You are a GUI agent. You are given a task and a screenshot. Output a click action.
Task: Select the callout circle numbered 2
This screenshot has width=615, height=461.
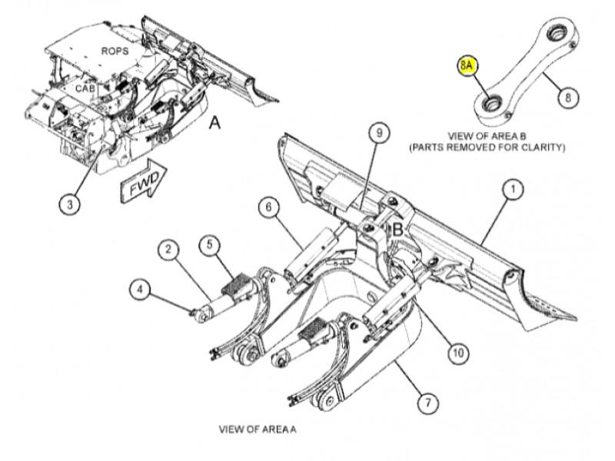click(169, 250)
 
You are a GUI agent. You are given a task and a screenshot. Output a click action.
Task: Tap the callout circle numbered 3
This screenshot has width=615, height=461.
click(70, 204)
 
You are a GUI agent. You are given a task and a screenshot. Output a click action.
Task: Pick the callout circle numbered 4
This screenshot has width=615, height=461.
click(139, 290)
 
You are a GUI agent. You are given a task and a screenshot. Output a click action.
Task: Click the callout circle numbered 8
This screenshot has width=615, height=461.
click(567, 98)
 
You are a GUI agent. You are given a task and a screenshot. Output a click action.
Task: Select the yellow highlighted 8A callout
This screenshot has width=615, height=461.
click(467, 65)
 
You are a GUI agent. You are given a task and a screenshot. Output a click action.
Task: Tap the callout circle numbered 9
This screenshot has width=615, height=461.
click(378, 134)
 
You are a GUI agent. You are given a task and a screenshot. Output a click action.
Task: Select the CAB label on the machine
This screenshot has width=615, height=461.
click(85, 88)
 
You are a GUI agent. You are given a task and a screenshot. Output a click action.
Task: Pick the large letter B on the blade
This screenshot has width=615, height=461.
click(397, 229)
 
